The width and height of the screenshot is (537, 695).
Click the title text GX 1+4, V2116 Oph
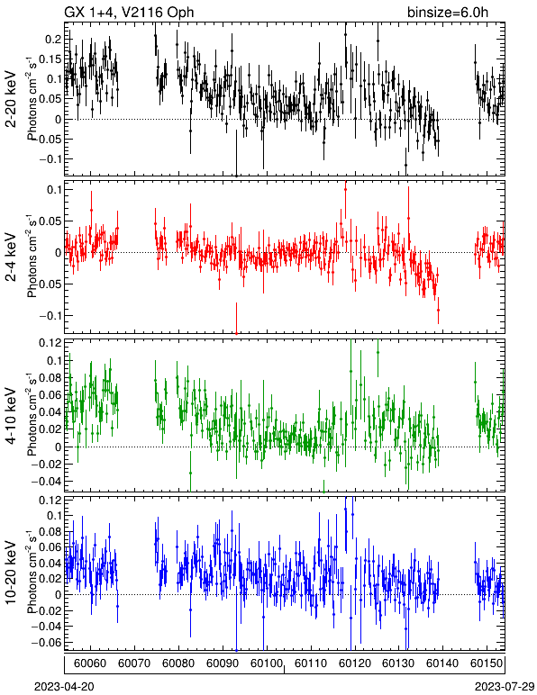(129, 13)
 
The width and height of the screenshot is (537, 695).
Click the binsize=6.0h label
(448, 13)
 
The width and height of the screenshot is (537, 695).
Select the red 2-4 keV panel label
(11, 257)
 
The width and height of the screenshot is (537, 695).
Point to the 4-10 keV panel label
(11, 415)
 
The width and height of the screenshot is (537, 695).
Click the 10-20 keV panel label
(11, 573)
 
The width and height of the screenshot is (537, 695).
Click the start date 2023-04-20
(64, 686)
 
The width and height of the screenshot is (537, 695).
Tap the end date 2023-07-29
(505, 686)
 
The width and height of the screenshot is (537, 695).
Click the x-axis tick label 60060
(90, 663)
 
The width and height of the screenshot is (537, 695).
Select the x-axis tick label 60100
(267, 663)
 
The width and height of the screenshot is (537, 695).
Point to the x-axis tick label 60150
(487, 663)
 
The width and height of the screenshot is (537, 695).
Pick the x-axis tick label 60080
(178, 663)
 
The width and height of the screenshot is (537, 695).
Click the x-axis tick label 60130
(398, 663)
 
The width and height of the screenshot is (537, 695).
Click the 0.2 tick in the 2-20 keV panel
(53, 40)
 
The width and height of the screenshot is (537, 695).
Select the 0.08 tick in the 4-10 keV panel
(50, 377)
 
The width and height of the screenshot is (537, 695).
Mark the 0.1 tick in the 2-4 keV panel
(53, 190)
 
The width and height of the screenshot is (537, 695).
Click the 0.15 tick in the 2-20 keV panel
(50, 59)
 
